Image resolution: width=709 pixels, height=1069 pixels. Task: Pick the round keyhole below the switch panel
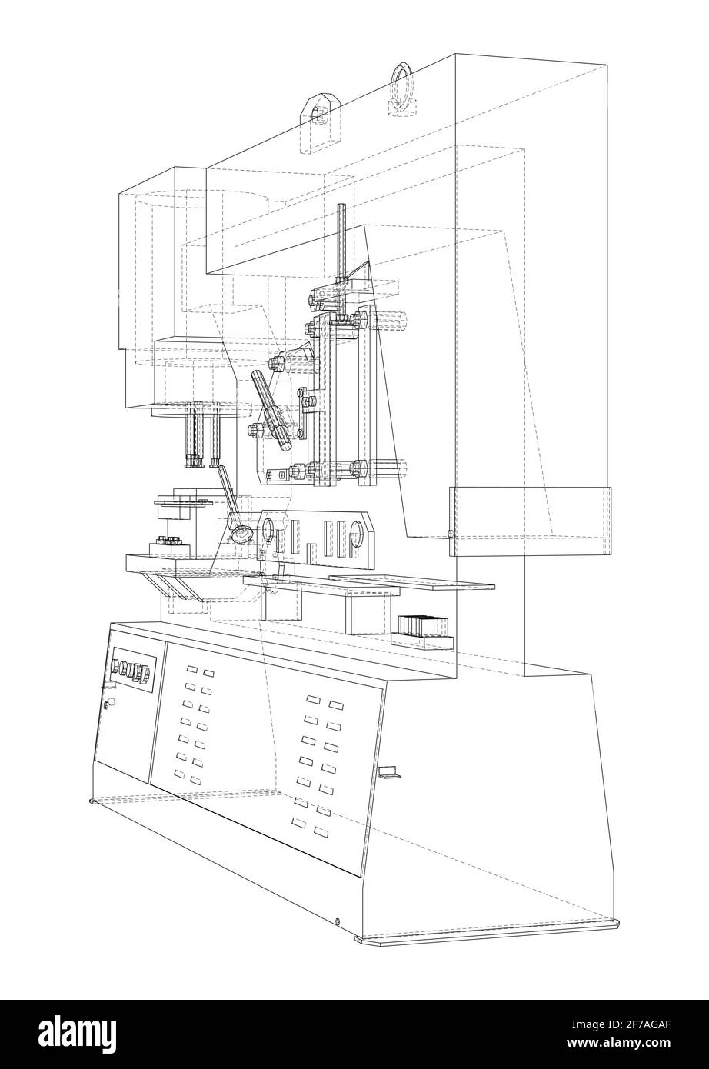click(x=108, y=702)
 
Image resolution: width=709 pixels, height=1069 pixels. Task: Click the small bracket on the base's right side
click(x=390, y=771)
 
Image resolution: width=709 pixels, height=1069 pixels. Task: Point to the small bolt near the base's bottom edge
click(x=338, y=921)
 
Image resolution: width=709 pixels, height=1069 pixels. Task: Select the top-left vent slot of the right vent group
click(x=313, y=699)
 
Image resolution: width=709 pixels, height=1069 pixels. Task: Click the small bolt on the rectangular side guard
click(x=450, y=533)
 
